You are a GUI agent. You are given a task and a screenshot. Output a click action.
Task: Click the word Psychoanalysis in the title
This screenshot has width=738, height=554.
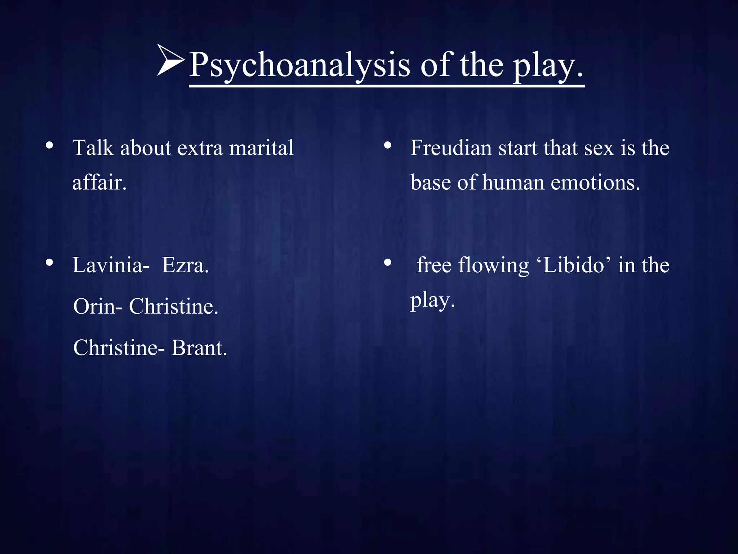tap(299, 65)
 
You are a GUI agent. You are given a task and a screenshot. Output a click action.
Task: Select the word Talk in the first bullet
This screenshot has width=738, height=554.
tap(93, 148)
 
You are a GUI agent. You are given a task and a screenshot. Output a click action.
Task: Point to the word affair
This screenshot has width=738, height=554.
tap(99, 183)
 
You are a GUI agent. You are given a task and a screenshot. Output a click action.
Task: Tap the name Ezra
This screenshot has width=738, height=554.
tap(185, 265)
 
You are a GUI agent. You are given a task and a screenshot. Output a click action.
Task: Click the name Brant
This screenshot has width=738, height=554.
tap(199, 348)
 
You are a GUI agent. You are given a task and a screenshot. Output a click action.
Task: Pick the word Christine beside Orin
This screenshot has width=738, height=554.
tap(173, 307)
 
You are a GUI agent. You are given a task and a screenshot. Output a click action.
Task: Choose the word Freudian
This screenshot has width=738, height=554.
tap(451, 148)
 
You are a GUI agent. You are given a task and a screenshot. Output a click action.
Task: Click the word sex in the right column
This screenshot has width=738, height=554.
tap(599, 148)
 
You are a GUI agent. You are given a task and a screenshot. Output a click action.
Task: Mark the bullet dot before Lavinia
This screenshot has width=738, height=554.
tap(50, 263)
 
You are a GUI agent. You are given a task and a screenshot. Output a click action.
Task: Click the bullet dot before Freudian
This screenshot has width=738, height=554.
tap(388, 146)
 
